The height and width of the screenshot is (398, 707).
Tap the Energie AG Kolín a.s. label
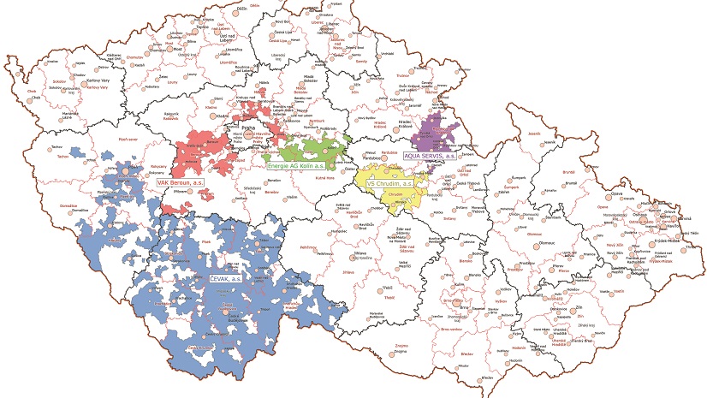pyautogui.click(x=294, y=165)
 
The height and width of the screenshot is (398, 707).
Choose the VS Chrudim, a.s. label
pyautogui.click(x=390, y=183)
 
